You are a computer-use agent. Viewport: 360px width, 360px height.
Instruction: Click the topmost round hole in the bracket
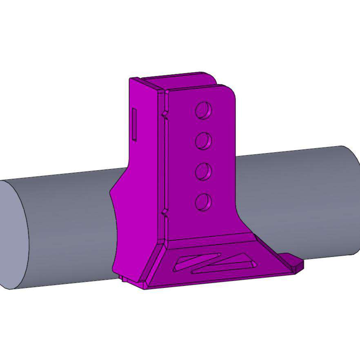pyautogui.click(x=203, y=110)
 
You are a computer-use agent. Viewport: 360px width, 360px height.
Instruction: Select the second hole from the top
pyautogui.click(x=203, y=141)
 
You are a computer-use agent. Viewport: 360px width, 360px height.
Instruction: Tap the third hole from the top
pyautogui.click(x=203, y=171)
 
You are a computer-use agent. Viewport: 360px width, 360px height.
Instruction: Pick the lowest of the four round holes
pyautogui.click(x=203, y=202)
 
